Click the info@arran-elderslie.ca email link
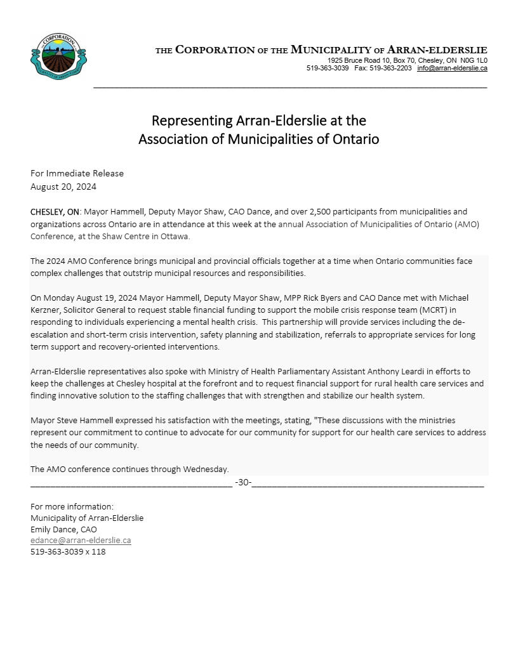point(452,68)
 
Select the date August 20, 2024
point(63,187)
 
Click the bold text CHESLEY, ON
point(55,211)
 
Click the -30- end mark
point(242,482)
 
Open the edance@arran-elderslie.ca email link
point(81,541)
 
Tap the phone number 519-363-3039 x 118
point(68,551)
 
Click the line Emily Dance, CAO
point(63,529)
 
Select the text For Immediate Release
point(77,173)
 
